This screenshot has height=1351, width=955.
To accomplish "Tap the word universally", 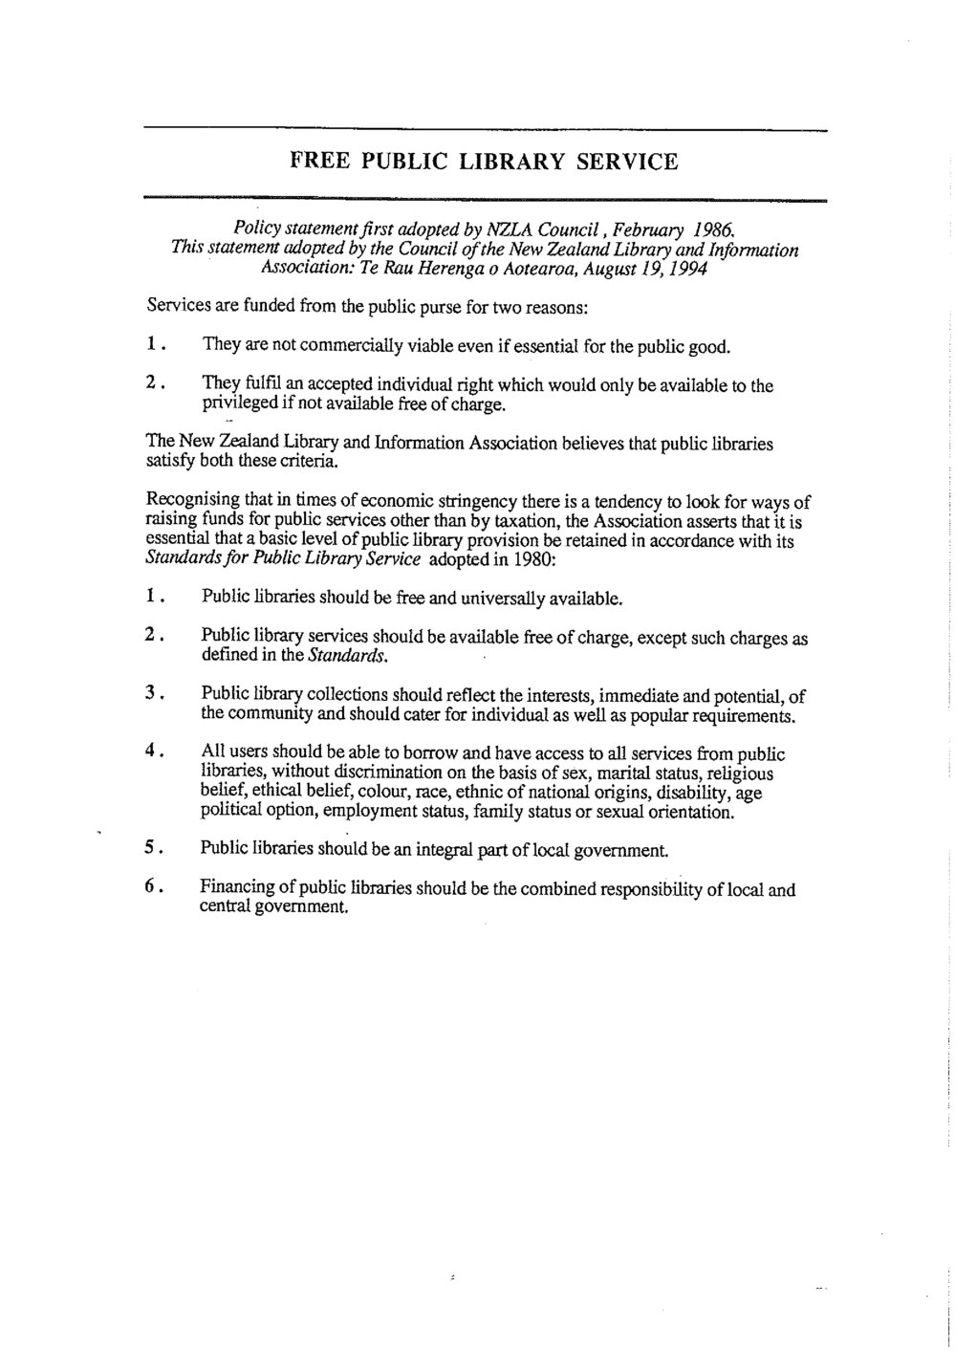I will point(508,599).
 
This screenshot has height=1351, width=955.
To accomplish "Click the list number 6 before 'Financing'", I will point(151,886).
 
